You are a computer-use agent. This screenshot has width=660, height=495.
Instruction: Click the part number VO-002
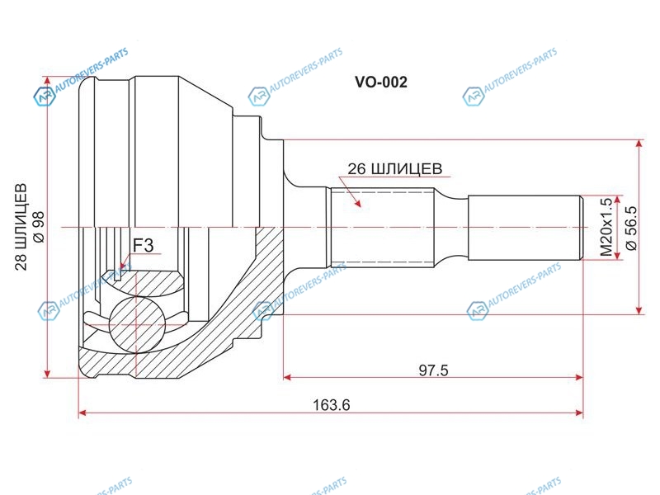point(381,82)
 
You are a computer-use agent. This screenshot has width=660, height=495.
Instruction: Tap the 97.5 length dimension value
point(434,370)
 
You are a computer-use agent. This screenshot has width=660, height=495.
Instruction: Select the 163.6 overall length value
point(332,405)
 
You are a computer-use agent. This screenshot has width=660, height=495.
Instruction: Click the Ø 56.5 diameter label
point(632,229)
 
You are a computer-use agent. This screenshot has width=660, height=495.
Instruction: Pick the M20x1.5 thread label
point(606,228)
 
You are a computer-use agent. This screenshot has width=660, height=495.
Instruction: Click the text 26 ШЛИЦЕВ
point(395,169)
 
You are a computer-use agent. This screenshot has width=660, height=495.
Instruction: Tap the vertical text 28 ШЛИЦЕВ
point(21,227)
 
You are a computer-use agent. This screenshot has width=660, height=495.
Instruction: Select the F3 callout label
point(143,245)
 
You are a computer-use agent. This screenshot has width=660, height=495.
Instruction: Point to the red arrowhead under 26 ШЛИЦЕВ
point(357,203)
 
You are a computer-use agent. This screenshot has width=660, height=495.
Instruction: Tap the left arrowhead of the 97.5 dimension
point(287,377)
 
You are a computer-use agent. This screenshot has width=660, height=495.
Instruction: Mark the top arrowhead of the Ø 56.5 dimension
point(639,144)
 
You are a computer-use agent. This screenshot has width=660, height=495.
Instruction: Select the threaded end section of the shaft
point(526,228)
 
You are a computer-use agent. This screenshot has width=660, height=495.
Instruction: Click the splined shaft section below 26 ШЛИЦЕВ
point(382,228)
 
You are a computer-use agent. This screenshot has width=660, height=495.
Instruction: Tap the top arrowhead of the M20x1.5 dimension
point(617,200)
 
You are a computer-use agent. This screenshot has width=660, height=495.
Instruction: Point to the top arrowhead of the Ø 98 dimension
point(48,82)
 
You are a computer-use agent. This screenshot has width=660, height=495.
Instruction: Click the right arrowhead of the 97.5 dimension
point(579,377)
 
